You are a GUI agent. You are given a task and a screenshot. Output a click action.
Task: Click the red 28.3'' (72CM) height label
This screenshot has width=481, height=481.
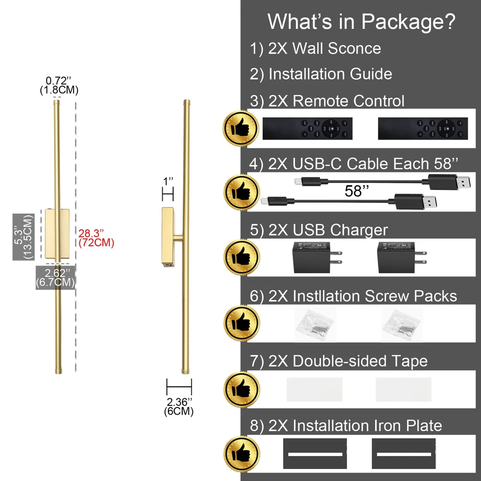[x=96, y=238]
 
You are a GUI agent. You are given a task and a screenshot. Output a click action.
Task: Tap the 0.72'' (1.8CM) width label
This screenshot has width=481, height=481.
[x=60, y=85]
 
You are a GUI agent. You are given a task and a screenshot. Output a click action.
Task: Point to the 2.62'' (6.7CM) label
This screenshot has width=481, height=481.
[x=55, y=277]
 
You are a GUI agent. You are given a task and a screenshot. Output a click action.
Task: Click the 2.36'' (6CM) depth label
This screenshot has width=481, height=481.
[x=179, y=406]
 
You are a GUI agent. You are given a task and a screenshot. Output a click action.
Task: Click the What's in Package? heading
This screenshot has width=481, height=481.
[x=361, y=22]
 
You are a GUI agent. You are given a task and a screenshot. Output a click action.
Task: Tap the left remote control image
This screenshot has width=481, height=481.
[x=307, y=128]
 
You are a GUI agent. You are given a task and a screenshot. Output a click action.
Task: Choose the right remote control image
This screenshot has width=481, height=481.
[x=423, y=128]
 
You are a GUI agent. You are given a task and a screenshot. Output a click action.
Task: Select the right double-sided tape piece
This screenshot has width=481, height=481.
[x=403, y=389]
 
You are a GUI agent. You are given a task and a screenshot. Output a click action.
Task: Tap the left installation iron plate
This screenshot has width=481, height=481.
[x=313, y=454]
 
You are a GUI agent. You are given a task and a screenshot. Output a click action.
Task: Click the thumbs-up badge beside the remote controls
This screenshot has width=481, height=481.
[x=241, y=127]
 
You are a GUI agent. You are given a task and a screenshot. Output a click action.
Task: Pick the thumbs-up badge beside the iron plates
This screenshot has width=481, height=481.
[x=241, y=454]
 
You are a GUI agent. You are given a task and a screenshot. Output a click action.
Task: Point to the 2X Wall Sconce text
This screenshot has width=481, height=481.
[x=325, y=48]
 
